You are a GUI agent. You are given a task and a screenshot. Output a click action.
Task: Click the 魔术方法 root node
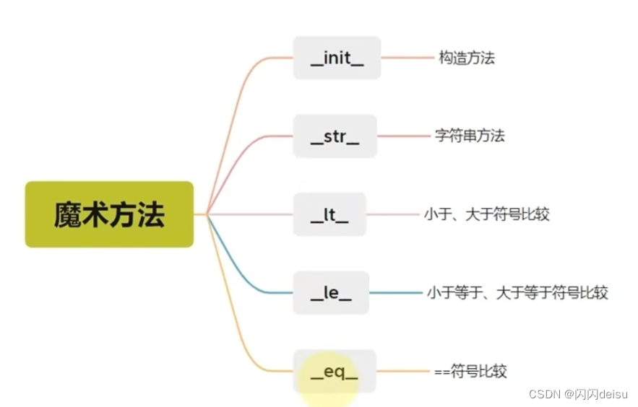(x=109, y=214)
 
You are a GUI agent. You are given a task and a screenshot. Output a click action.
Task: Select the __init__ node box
(x=337, y=58)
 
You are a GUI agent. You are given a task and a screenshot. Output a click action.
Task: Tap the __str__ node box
(x=335, y=136)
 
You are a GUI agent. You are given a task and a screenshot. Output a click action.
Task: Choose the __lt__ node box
(x=329, y=214)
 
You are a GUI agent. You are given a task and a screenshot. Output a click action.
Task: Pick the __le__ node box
(x=331, y=292)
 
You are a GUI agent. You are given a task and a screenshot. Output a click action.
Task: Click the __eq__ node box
(x=335, y=372)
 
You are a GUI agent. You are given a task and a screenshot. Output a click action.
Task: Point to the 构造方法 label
(x=467, y=58)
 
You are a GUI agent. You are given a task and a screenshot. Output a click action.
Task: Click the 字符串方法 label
(x=470, y=136)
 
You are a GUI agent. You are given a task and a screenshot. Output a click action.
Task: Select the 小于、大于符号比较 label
(x=487, y=214)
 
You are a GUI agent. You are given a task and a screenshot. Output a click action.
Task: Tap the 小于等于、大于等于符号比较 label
(x=517, y=292)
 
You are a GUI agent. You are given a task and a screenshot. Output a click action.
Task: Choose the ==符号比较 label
(x=470, y=372)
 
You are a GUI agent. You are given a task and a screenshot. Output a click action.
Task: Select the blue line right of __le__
(x=395, y=292)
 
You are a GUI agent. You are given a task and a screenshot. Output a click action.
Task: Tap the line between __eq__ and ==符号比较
(x=402, y=372)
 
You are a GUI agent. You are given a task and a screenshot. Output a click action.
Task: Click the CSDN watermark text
(x=578, y=394)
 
